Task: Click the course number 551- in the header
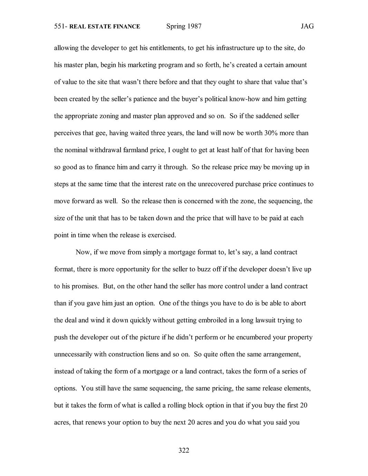(x=61, y=27)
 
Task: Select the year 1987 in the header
(x=194, y=26)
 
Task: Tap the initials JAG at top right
(x=307, y=27)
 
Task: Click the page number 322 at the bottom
(x=184, y=450)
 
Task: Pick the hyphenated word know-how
(x=244, y=99)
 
